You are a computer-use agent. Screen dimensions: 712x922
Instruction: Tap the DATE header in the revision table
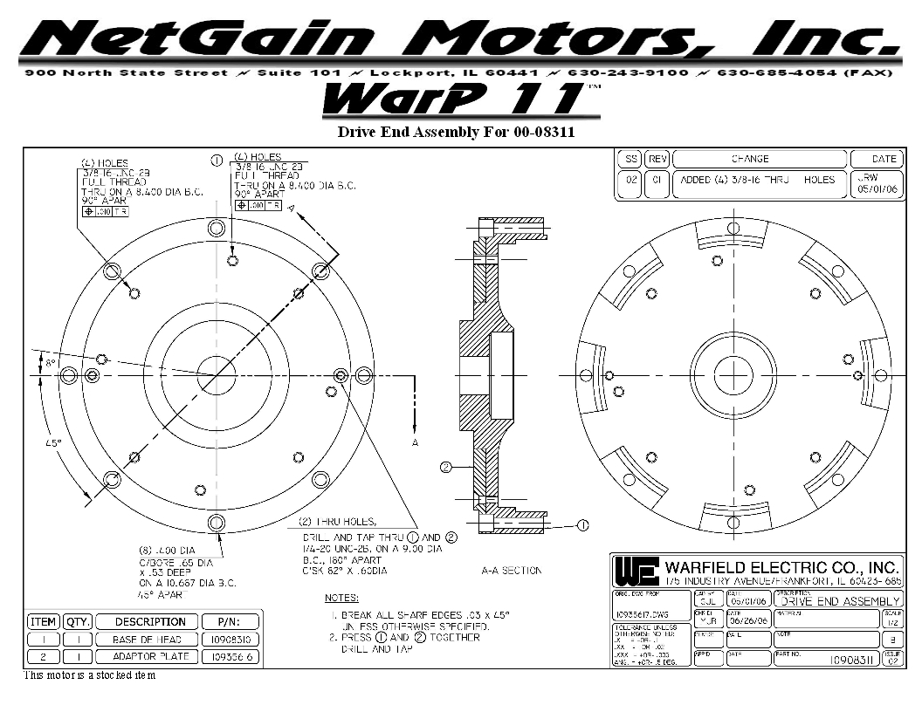884,159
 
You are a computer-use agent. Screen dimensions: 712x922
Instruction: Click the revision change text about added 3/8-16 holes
758,180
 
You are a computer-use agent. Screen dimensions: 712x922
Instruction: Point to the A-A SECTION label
512,571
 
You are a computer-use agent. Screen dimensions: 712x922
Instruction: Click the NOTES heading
341,599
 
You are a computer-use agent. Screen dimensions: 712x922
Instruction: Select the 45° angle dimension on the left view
53,443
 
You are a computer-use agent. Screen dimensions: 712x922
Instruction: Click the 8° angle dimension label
50,362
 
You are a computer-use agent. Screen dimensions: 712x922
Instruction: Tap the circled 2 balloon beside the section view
445,467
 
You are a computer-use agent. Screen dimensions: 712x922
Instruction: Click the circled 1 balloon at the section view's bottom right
582,525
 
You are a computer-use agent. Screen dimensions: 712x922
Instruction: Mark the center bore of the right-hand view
733,375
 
